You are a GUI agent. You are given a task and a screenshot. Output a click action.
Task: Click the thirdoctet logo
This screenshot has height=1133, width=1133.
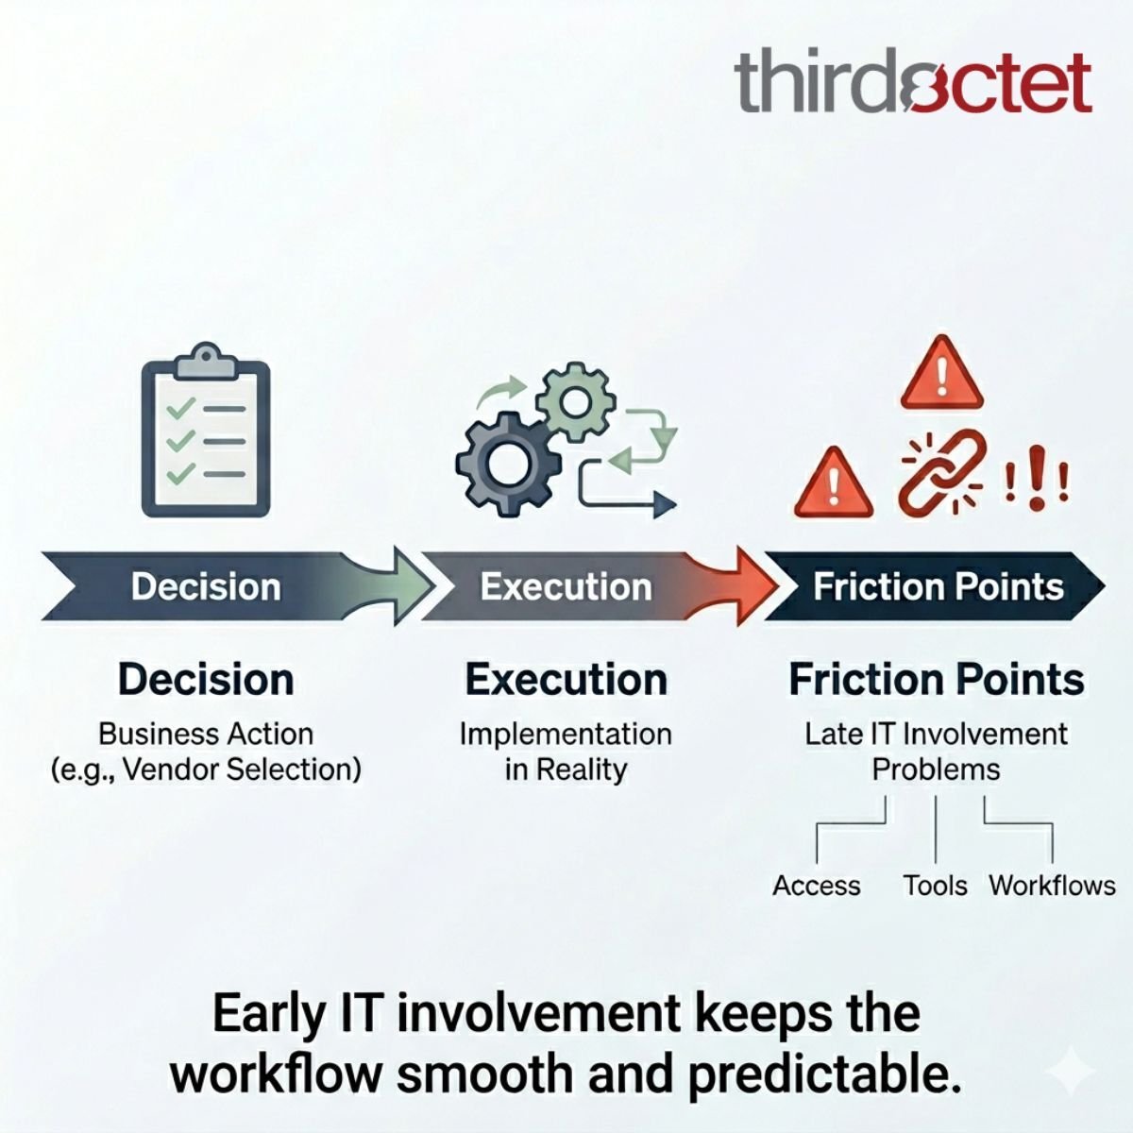[912, 83]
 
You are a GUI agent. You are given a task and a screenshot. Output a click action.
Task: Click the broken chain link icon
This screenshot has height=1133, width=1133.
[940, 472]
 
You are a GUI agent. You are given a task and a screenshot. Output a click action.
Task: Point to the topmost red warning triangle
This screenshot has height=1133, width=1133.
[941, 376]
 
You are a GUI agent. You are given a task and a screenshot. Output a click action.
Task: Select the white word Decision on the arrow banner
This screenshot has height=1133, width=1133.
[206, 586]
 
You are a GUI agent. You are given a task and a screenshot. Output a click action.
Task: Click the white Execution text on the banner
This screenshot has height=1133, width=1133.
[566, 586]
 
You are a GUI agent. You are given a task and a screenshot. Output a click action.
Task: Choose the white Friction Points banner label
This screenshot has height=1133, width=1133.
[939, 586]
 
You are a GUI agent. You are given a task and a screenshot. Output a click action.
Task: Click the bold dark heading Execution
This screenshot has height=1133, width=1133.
[566, 679]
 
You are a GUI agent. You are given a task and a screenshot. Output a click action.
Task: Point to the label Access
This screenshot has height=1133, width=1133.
[816, 886]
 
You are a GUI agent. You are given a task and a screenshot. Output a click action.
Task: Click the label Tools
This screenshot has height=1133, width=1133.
[935, 886]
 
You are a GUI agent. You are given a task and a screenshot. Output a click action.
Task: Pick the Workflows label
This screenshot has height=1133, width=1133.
[1052, 886]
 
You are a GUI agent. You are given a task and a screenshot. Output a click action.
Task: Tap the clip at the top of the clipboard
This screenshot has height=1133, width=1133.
[206, 360]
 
